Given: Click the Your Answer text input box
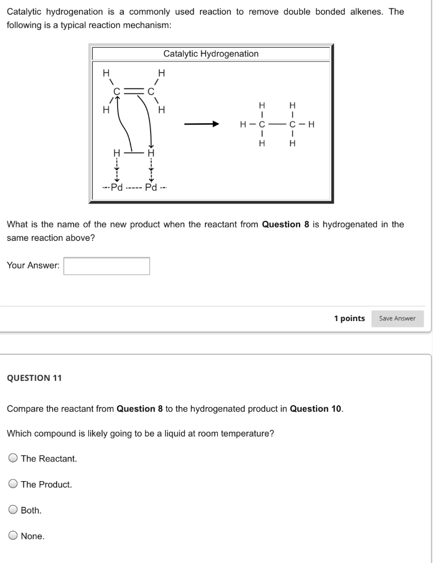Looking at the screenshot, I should (x=107, y=266).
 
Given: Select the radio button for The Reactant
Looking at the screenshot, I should (x=13, y=459).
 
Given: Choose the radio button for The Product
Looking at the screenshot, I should (x=13, y=484).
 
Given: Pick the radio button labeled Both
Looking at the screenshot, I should (x=13, y=510).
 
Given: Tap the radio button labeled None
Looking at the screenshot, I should (x=13, y=536).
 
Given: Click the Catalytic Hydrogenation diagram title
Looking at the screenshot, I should (x=211, y=54).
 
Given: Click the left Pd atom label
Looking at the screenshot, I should (x=116, y=187).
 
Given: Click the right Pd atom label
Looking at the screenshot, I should (x=151, y=187).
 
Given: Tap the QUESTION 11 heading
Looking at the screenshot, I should (x=34, y=378).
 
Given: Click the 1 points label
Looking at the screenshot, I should (x=349, y=318).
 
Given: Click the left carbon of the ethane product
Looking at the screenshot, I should (x=262, y=124).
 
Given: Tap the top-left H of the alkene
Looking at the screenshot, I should (x=106, y=72).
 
